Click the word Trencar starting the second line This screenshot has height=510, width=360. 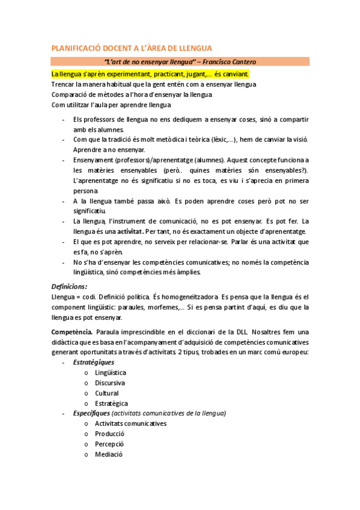(x=64, y=84)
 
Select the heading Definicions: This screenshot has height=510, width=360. (x=69, y=286)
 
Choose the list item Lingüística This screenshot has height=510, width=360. (x=111, y=373)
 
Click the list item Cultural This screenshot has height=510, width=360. (x=106, y=393)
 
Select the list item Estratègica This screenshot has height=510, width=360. (x=111, y=404)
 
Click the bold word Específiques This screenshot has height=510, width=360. (x=91, y=414)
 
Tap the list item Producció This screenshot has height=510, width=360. (x=109, y=434)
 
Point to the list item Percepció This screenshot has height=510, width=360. (x=109, y=444)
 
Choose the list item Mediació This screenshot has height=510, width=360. (x=108, y=455)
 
